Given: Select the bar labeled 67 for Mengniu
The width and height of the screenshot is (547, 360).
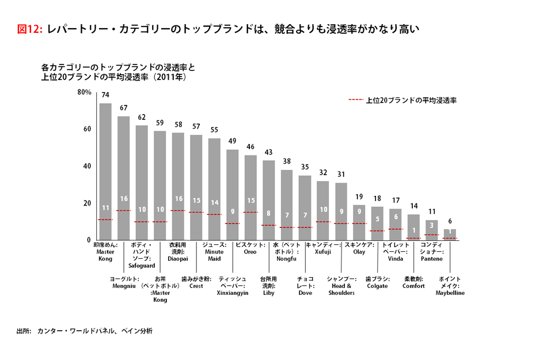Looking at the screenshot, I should click(x=124, y=178).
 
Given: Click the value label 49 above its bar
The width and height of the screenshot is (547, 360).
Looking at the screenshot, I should click(x=232, y=141).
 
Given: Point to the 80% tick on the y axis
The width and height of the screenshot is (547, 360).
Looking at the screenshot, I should click(x=84, y=92).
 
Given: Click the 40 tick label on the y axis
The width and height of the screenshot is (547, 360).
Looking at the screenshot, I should click(x=87, y=166).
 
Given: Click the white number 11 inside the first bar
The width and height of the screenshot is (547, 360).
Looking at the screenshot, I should click(x=105, y=208).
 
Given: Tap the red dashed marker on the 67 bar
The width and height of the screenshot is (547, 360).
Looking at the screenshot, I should click(x=124, y=210).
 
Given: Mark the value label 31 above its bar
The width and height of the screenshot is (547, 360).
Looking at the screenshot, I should click(x=341, y=175).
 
